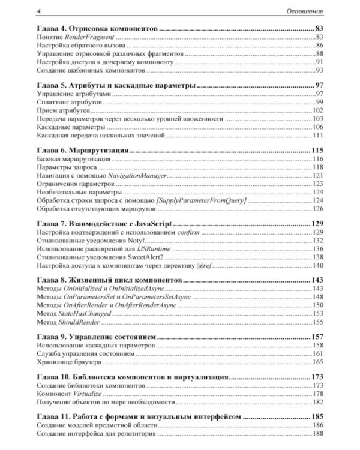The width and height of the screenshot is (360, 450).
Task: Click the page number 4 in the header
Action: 38,11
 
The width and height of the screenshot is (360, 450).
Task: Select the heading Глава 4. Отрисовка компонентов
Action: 97,29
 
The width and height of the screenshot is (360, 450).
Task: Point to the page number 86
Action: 319,46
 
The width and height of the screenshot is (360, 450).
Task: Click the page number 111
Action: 317,136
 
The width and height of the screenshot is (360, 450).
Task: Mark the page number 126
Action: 317,209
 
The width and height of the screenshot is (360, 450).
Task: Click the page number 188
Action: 317,433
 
